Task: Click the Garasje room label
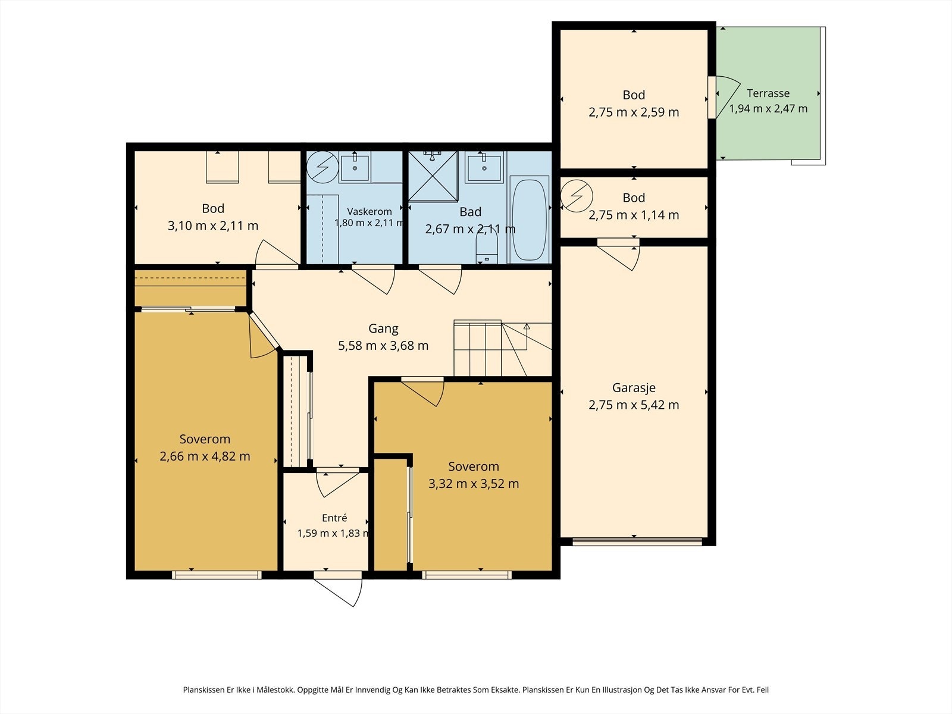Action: pyautogui.click(x=634, y=388)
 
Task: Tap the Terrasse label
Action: pyautogui.click(x=768, y=93)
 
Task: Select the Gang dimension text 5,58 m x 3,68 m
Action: pyautogui.click(x=383, y=346)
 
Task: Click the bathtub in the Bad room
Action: pyautogui.click(x=529, y=220)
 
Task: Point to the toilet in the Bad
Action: pyautogui.click(x=487, y=247)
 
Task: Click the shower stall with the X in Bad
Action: pyautogui.click(x=433, y=177)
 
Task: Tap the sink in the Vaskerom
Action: pyautogui.click(x=355, y=168)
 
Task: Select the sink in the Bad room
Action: pyautogui.click(x=484, y=168)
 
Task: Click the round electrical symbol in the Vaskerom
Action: pyautogui.click(x=322, y=167)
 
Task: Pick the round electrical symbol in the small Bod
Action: pyautogui.click(x=577, y=196)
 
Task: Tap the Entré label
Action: pyautogui.click(x=334, y=518)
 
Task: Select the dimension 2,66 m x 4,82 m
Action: pyautogui.click(x=205, y=456)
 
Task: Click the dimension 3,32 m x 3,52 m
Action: pyautogui.click(x=474, y=484)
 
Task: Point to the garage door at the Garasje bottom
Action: pyautogui.click(x=637, y=541)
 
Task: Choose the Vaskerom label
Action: pyautogui.click(x=369, y=212)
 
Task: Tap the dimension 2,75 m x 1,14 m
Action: pyautogui.click(x=634, y=215)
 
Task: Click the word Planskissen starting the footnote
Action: pyautogui.click(x=202, y=690)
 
